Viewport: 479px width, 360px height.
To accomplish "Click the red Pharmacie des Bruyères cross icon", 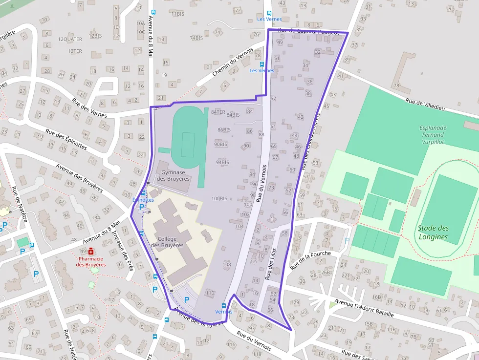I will pos(91,251).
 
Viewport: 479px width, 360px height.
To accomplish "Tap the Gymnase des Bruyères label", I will pos(173,175).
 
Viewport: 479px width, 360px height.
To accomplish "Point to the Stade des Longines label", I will pos(433,233).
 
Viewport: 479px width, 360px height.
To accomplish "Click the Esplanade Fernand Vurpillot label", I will pos(433,135).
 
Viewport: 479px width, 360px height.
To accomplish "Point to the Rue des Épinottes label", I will pos(66,139).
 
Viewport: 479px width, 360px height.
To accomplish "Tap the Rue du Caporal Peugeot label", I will pos(308,31).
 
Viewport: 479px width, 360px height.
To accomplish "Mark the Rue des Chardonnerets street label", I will pos(310,141).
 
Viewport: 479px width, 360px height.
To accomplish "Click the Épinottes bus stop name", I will pos(143,200).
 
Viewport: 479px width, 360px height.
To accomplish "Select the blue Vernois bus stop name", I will pos(224,312).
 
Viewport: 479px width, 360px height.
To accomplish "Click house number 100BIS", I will pos(219,198).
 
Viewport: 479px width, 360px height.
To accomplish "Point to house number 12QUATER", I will pos(70,39).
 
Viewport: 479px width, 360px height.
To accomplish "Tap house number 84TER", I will pos(218,112).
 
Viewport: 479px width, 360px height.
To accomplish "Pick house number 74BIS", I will pos(196,38).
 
